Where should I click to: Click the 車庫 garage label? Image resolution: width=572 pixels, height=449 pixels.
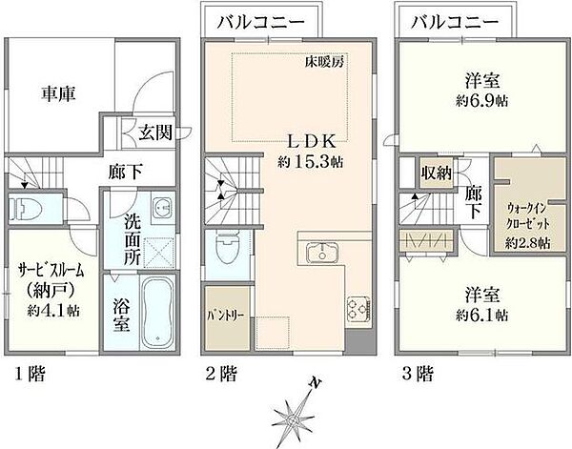pyautogui.click(x=58, y=94)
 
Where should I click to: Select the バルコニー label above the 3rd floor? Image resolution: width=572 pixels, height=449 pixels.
pyautogui.click(x=455, y=22)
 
